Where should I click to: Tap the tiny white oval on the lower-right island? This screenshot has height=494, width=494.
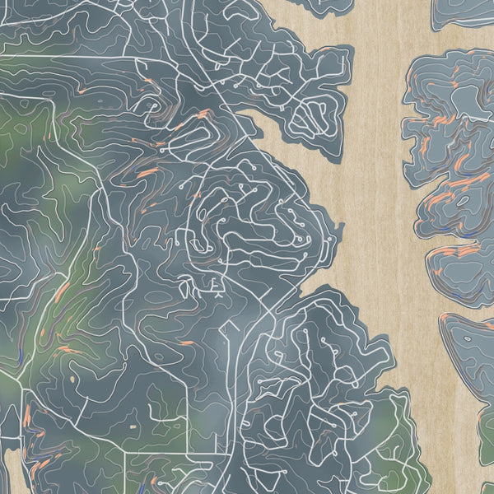[467, 338]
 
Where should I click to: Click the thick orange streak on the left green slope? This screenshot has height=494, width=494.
[62, 292]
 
